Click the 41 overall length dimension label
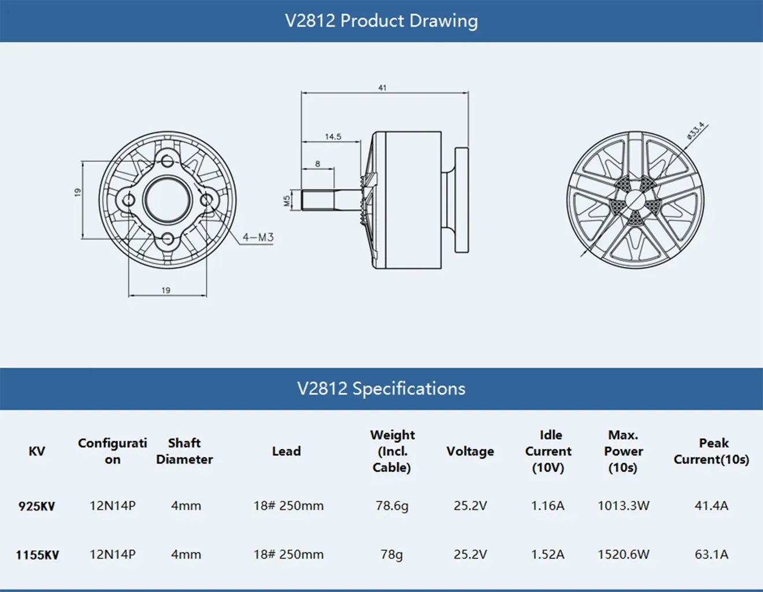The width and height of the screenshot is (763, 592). tap(382, 88)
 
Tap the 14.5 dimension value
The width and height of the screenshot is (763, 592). tap(333, 137)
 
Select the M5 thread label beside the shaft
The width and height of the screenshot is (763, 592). tap(287, 201)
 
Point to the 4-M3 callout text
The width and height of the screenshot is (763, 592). tap(258, 237)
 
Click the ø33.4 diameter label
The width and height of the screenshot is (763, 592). tap(695, 131)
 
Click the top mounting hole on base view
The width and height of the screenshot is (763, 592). tap(168, 161)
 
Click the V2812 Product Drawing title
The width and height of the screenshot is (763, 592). tap(381, 21)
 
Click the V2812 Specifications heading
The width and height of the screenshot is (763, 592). tap(381, 388)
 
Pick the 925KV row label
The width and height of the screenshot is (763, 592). tap(36, 506)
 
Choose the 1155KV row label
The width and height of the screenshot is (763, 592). tap(38, 555)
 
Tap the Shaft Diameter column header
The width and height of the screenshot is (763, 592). tap(184, 451)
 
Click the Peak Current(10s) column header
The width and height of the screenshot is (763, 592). tap(712, 451)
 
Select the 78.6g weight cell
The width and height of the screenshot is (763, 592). tap(392, 506)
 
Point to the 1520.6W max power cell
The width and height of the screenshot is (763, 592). tap(623, 554)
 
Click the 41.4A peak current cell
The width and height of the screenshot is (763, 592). tap(712, 506)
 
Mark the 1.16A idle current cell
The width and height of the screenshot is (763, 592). tap(547, 506)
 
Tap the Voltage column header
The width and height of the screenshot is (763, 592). tap(470, 451)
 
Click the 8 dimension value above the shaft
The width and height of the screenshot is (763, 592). tap(317, 164)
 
